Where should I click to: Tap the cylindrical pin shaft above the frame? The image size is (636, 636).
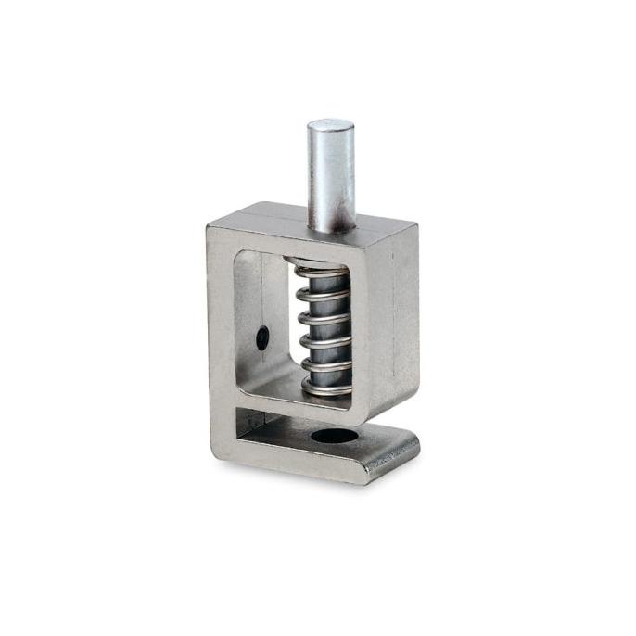[331, 176]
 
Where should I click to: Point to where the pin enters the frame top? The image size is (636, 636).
[332, 225]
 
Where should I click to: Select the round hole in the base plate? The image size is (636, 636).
[333, 435]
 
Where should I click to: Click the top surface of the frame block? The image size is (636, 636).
[306, 220]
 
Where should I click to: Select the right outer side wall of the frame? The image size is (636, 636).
[395, 315]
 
